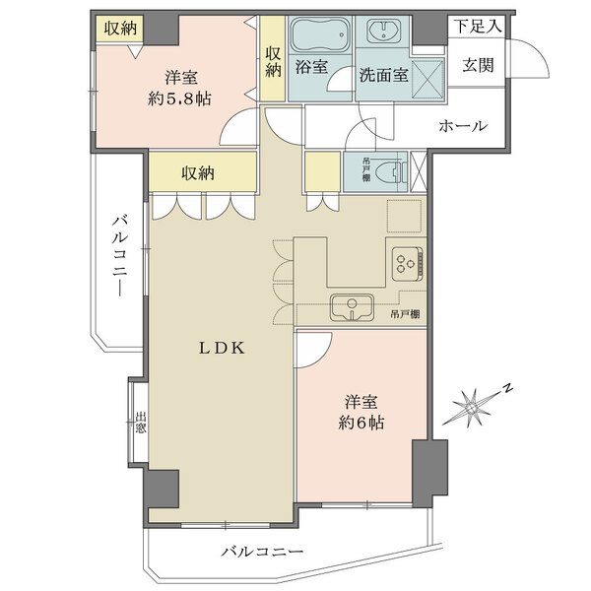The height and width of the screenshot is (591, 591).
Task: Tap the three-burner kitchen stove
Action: (x=405, y=262)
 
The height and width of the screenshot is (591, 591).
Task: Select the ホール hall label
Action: (x=461, y=125)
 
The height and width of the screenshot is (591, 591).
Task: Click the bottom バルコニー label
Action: (x=262, y=553)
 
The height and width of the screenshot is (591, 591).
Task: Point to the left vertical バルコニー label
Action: (x=117, y=254)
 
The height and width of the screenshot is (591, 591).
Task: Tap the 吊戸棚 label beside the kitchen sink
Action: (x=406, y=314)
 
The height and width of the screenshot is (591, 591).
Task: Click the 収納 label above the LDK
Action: (x=198, y=173)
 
